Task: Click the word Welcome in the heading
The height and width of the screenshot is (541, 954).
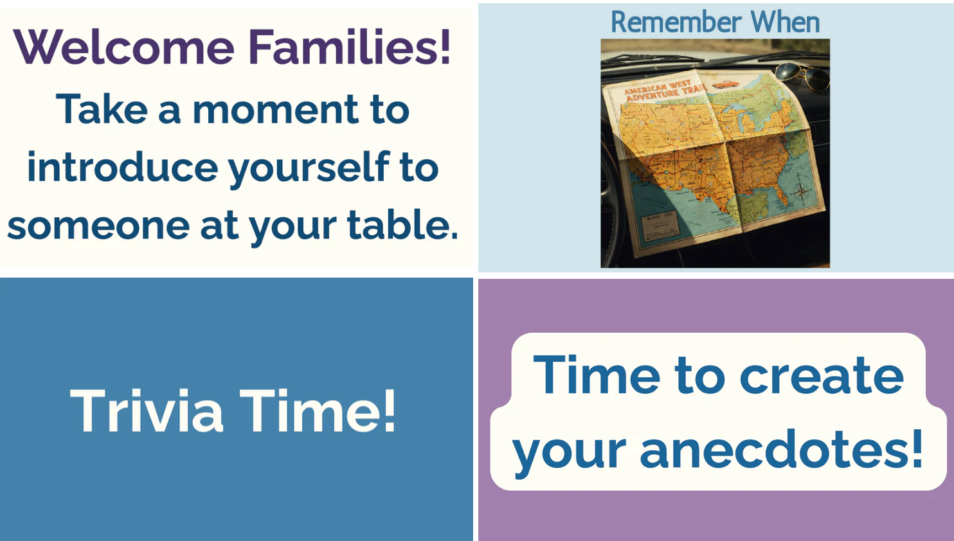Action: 123,48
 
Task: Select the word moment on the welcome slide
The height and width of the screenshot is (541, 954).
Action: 275,109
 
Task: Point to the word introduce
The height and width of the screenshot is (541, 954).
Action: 122,167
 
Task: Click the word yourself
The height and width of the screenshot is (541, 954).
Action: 309,168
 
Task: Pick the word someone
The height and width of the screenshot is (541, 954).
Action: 98,226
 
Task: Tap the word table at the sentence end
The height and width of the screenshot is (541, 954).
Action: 399,225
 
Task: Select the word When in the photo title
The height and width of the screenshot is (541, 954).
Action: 786,22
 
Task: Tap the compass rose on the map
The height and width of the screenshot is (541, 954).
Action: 801,192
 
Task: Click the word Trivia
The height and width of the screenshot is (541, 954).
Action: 147,411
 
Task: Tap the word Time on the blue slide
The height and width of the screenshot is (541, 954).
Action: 316,411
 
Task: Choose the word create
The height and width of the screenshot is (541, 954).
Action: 822,376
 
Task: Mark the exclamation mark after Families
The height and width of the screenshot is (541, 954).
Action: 444,48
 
